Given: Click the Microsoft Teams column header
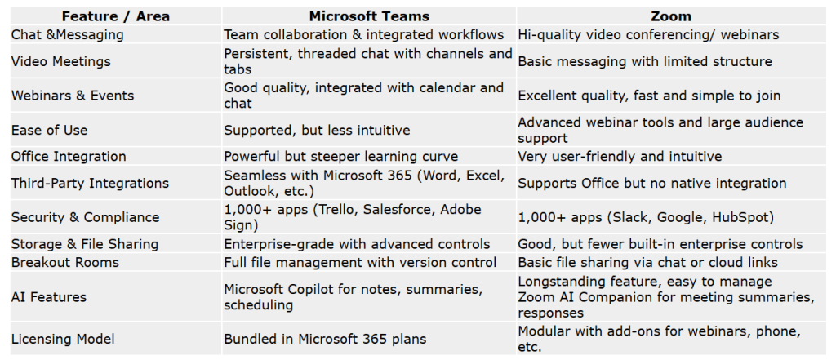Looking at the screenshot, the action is (369, 16).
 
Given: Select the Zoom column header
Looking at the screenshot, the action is (671, 16).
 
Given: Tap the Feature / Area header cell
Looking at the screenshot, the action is (116, 16).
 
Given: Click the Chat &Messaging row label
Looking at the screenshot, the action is (67, 35).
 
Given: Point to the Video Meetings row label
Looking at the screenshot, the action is (60, 61).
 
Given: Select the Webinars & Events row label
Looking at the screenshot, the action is (73, 96).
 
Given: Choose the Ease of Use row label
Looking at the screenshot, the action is (49, 130).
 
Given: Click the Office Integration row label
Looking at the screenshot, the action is (69, 156).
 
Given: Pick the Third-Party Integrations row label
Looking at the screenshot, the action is (90, 183).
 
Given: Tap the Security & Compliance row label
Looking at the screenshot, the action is (85, 217).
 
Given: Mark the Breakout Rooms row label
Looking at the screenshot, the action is (65, 262).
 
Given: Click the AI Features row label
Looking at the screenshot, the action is (48, 296).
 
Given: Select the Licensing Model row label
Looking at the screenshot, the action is (63, 339).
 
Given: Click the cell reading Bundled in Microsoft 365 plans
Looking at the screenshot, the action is (325, 339).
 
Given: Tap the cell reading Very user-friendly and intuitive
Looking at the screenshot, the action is (620, 156).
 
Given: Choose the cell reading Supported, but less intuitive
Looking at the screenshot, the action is (317, 130).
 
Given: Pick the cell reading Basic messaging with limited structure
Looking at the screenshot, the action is (645, 61).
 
